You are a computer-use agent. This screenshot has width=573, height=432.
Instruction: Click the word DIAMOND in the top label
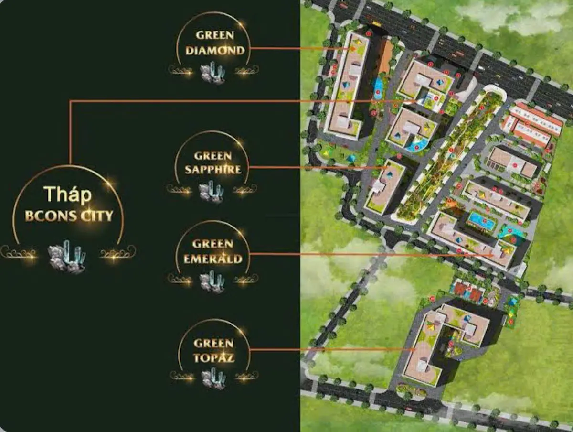tap(215, 50)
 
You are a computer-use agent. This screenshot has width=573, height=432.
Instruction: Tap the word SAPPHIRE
tap(213, 169)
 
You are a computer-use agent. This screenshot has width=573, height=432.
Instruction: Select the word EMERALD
tap(213, 259)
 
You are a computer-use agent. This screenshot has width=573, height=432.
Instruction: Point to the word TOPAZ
tap(214, 357)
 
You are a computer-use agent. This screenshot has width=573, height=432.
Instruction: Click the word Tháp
tap(67, 194)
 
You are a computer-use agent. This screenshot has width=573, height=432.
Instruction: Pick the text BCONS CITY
tap(69, 216)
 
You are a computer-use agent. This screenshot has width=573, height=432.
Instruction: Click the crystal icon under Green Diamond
tap(213, 73)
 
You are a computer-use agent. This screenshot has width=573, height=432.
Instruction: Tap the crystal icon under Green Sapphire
tap(211, 191)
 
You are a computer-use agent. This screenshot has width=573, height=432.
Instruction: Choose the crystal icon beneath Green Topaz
tap(213, 378)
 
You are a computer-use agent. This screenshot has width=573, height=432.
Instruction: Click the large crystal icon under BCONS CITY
tap(68, 256)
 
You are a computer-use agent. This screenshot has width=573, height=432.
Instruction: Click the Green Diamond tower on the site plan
tap(346, 86)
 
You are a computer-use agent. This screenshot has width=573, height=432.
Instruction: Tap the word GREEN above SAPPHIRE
tap(213, 156)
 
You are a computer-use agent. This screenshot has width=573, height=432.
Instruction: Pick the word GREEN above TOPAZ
tap(213, 343)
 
